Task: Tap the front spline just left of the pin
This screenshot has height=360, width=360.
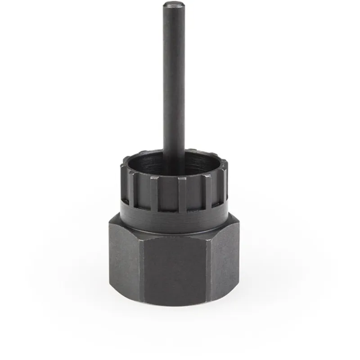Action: (x=154, y=193)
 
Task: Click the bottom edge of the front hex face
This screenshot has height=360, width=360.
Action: (x=180, y=305)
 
